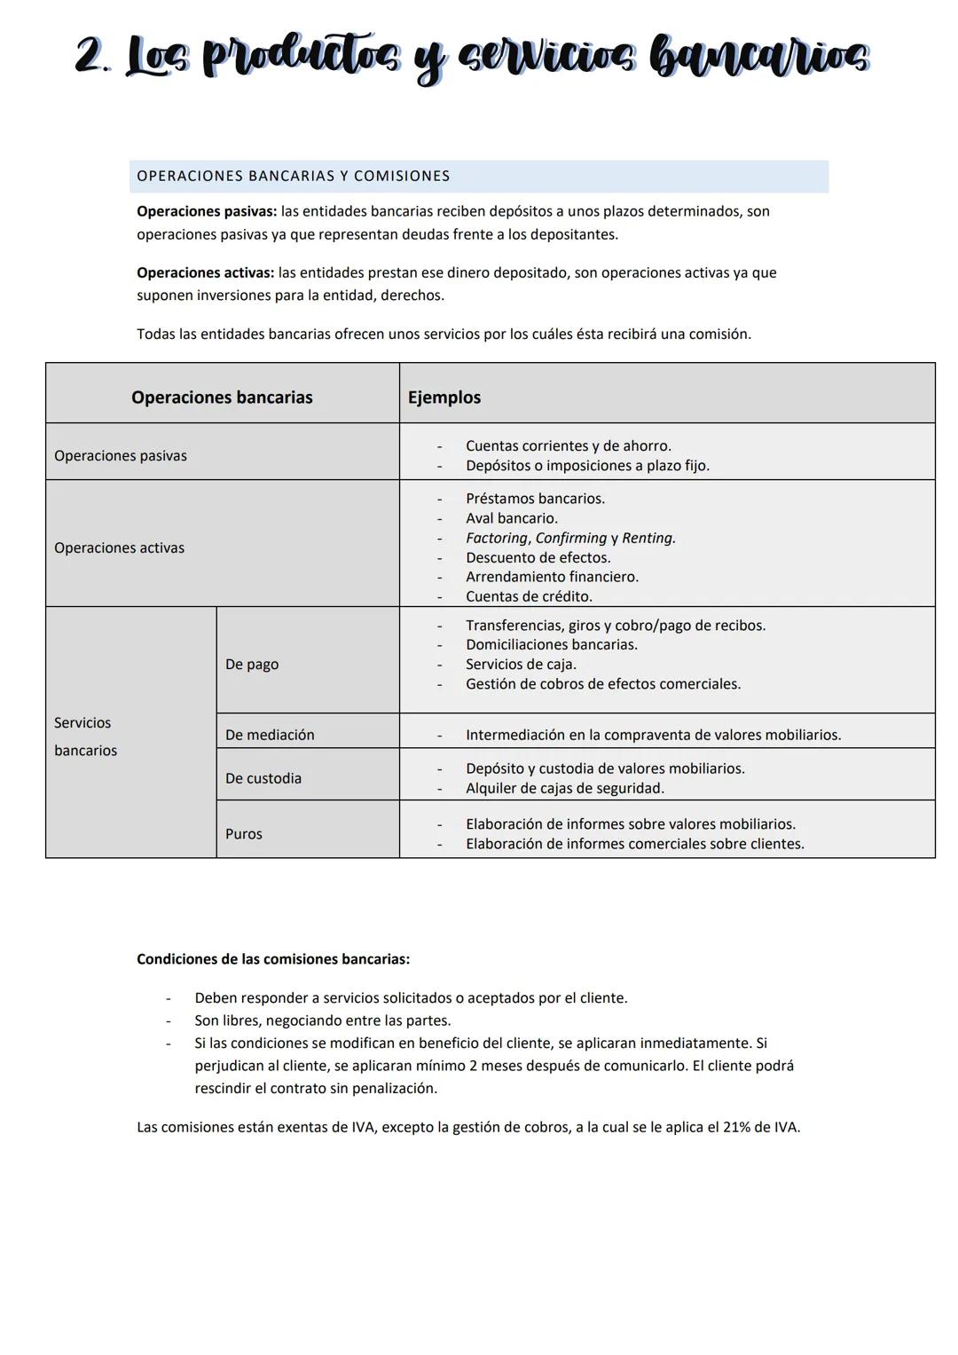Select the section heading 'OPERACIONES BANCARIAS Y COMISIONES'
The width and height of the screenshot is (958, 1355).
(293, 176)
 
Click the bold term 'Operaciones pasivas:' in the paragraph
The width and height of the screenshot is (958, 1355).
(207, 211)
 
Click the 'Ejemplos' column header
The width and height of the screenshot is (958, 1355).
(444, 397)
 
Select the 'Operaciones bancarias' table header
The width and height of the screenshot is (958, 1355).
(222, 397)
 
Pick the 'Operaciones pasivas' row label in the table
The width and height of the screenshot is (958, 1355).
(121, 455)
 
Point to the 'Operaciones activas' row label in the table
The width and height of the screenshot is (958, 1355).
(119, 548)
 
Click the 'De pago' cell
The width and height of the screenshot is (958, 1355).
(252, 664)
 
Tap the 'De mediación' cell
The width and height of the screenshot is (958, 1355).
(270, 735)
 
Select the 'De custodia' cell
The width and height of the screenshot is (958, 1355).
(263, 778)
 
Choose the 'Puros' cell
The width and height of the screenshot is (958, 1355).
(244, 834)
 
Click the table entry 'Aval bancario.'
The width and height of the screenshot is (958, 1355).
(512, 518)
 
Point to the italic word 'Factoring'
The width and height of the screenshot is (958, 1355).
(496, 538)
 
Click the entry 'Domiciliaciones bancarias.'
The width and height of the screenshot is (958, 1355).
(552, 644)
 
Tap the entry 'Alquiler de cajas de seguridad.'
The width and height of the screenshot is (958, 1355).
(565, 788)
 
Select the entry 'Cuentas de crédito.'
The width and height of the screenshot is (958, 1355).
(529, 596)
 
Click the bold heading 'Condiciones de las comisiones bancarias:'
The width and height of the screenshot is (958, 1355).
(273, 959)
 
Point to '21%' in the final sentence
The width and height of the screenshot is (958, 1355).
(737, 1127)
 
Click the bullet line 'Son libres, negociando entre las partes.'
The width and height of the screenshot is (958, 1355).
(323, 1020)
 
